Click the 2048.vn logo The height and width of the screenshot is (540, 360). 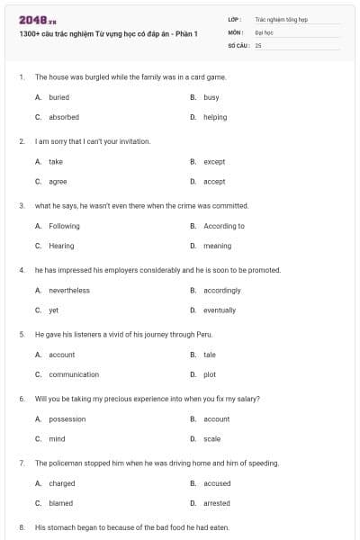click(x=37, y=20)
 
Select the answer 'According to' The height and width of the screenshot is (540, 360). click(x=224, y=226)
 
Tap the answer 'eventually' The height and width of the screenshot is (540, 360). click(x=220, y=310)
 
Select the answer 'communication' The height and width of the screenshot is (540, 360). click(x=74, y=374)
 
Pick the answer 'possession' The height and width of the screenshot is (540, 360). click(x=67, y=418)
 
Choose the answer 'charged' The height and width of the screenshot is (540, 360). click(x=62, y=483)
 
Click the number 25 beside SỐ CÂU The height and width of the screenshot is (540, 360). click(x=258, y=45)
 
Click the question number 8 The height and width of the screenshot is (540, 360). click(x=21, y=526)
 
